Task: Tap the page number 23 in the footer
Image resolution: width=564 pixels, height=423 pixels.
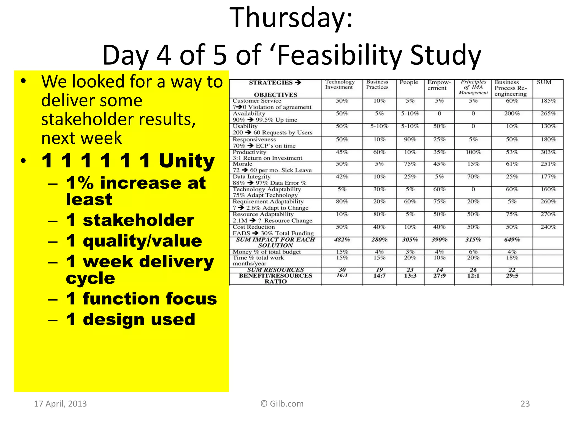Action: pos(525,404)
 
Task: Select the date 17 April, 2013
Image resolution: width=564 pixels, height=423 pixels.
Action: pos(60,404)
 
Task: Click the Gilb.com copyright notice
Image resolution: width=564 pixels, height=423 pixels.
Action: pos(282,404)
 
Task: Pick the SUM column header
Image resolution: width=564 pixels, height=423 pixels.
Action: pos(544,82)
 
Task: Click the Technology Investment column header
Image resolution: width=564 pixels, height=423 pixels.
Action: pos(340,85)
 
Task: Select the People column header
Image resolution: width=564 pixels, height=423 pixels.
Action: pos(409,82)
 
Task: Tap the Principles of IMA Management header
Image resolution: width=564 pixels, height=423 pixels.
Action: pos(473,87)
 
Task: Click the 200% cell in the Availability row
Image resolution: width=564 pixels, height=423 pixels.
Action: pos(512,113)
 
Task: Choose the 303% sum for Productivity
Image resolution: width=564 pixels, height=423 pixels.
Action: pos(548,152)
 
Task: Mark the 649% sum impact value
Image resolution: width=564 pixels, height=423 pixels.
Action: pos(512,240)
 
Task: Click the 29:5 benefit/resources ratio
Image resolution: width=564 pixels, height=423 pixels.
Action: pos(512,276)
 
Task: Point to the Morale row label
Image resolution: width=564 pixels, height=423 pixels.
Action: pos(242,164)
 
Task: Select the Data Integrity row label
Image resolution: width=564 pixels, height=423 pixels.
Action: pos(251,177)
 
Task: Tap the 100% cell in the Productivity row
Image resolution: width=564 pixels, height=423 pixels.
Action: pos(473,152)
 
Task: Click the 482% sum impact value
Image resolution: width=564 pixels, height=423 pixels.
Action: pos(342,240)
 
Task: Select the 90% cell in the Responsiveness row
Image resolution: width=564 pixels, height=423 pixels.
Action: pos(410,140)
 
